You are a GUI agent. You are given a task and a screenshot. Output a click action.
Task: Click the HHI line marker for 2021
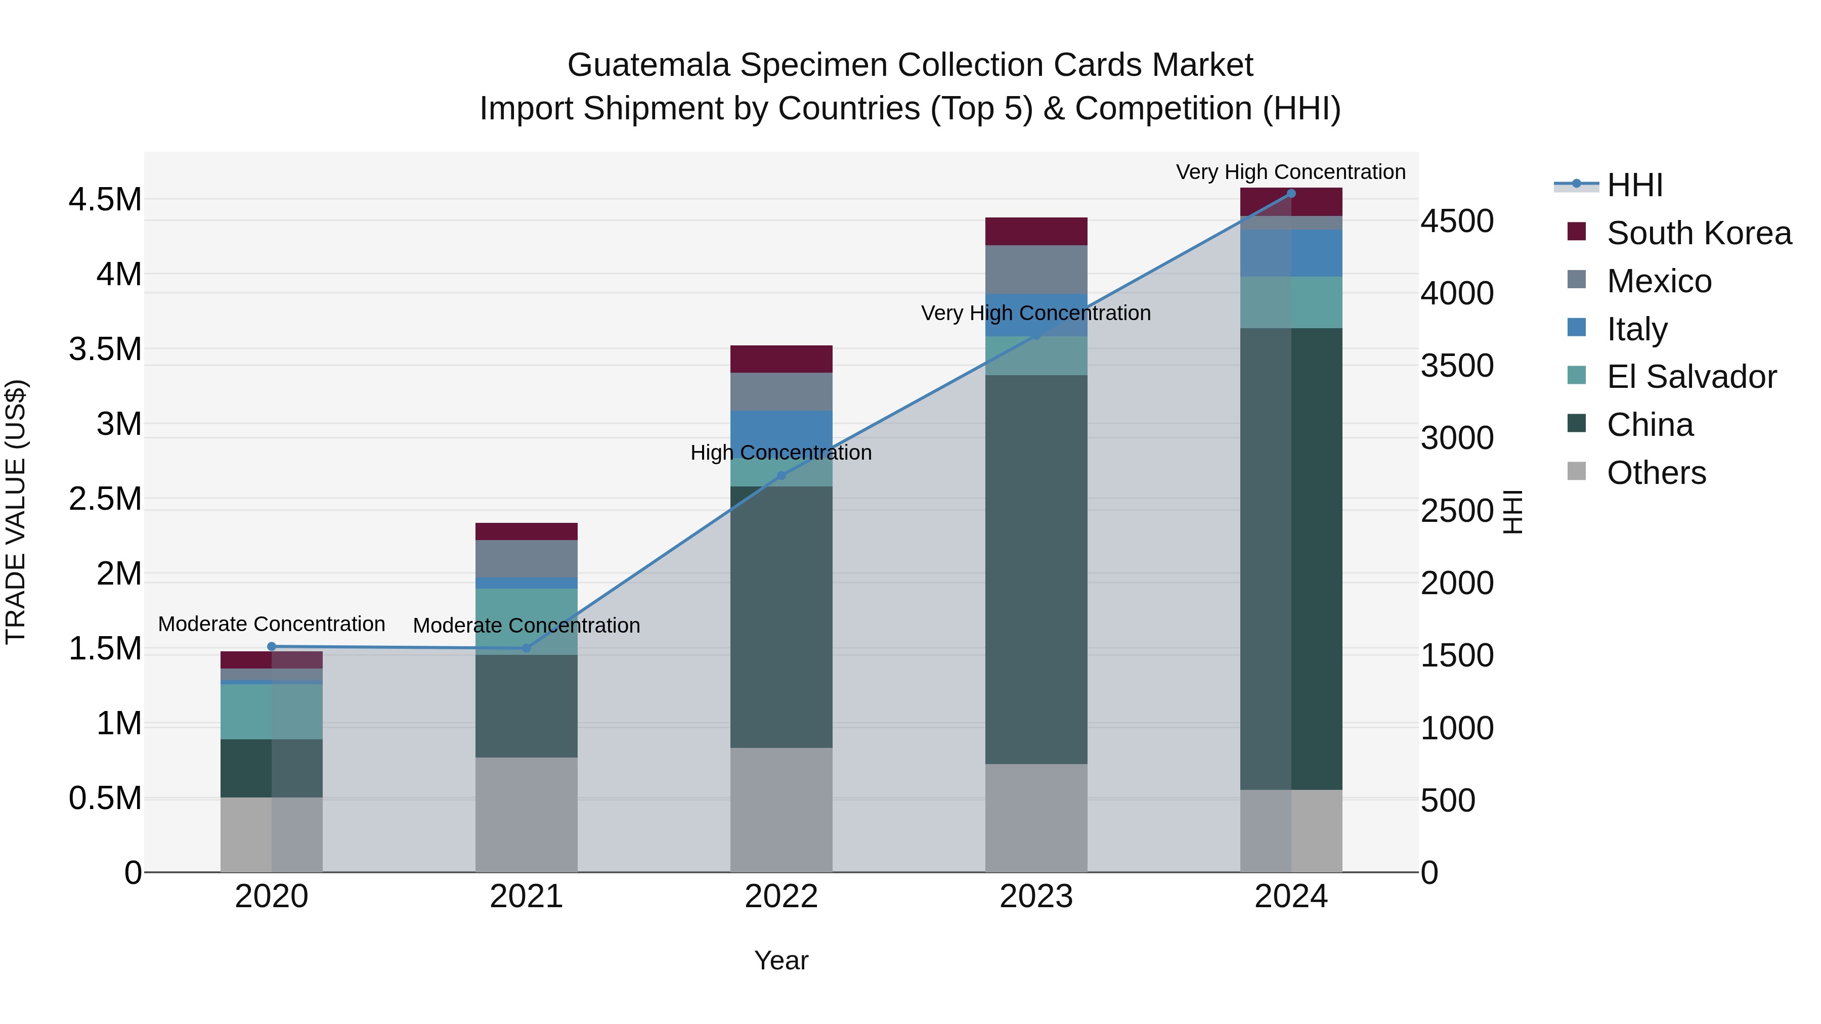point(526,648)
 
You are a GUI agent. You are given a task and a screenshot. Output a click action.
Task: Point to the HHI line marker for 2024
point(1291,194)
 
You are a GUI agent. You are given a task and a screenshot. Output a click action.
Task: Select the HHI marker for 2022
point(781,476)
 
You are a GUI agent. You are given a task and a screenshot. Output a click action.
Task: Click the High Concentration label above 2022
point(781,453)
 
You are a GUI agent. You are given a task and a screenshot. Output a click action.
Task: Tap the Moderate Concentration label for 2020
point(272,625)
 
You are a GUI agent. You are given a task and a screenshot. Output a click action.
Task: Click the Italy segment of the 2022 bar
point(781,427)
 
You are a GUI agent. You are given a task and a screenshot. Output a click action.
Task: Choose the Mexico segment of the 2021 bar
point(526,559)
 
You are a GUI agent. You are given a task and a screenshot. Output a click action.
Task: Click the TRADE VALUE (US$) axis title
point(16,512)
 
